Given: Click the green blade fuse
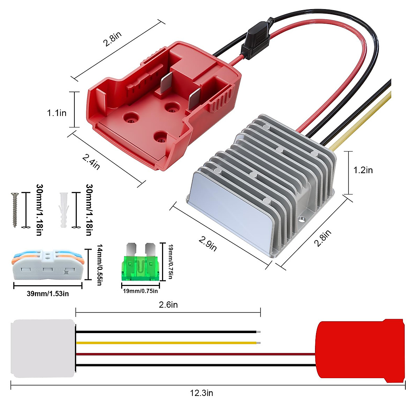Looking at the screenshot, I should click(x=140, y=267).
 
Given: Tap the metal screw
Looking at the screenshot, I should click(x=15, y=210).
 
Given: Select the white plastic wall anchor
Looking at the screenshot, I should click(x=63, y=210).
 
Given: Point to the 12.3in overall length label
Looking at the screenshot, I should click(x=201, y=393).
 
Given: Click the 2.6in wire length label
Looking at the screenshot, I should click(x=168, y=305).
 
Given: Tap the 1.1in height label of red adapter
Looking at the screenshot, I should click(x=57, y=113).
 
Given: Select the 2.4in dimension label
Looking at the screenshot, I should click(x=91, y=162).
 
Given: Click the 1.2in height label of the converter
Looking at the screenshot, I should click(x=363, y=170).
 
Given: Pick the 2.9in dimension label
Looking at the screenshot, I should click(x=208, y=244).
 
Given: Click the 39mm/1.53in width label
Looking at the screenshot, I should click(x=48, y=294).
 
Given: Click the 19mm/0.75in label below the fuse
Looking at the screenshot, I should click(x=140, y=291).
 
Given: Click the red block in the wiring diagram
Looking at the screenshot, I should click(x=360, y=349).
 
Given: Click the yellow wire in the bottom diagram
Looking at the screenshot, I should click(x=168, y=343).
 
